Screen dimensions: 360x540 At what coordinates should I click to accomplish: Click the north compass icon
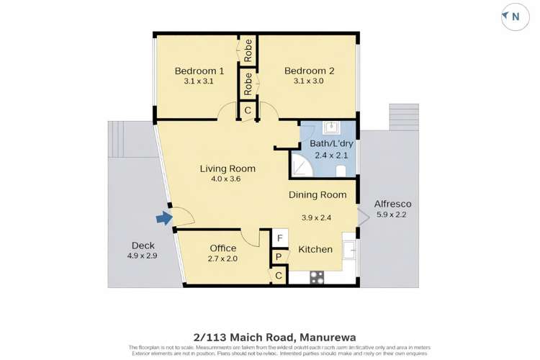[x=516, y=17]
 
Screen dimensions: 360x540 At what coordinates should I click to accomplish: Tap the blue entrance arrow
[x=165, y=218]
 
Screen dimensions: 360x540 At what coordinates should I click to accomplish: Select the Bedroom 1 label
[x=199, y=71]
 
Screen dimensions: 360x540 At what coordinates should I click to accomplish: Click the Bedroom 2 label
[x=309, y=71]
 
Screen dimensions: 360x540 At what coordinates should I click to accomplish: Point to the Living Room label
[x=228, y=169]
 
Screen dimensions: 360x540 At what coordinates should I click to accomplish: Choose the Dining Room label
[x=318, y=194]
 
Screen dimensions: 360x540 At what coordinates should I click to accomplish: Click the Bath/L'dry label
[x=332, y=143]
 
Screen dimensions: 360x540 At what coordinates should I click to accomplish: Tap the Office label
[x=222, y=248]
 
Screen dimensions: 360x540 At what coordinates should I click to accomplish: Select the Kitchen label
[x=315, y=250]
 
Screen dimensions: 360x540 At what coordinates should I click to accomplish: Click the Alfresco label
[x=392, y=204]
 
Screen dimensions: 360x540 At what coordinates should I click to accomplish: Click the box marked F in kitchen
[x=279, y=238]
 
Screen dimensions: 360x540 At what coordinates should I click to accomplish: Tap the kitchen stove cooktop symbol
[x=318, y=277]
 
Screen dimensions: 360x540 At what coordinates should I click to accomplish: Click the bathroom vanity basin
[x=332, y=127]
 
